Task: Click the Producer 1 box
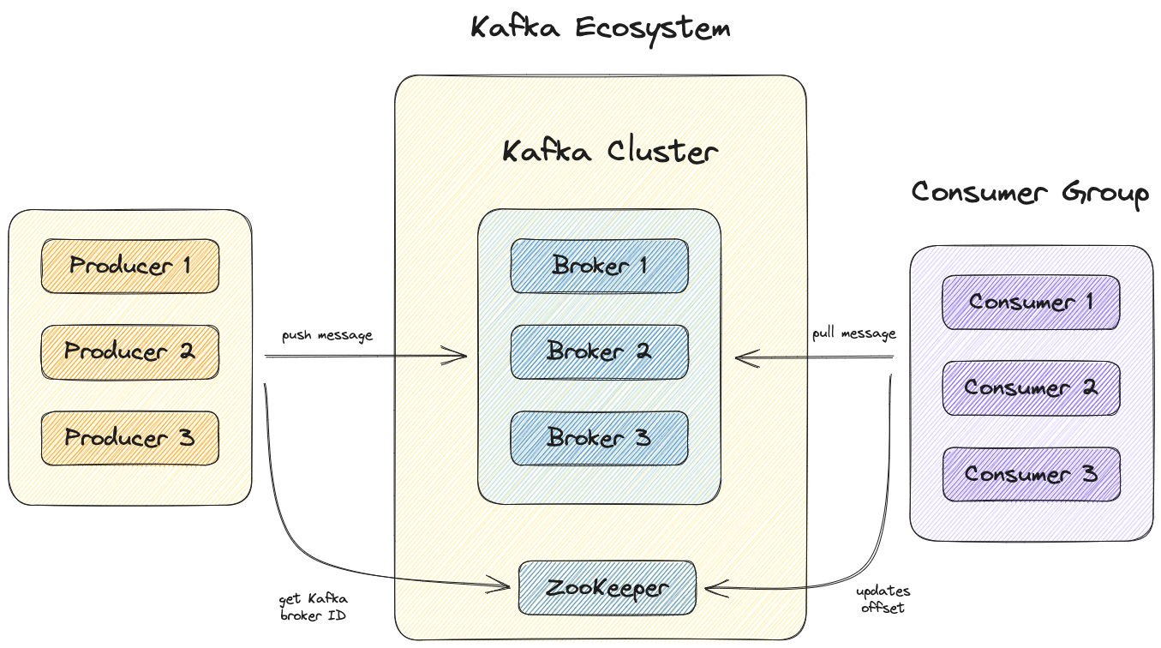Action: (130, 266)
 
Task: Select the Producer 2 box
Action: (130, 351)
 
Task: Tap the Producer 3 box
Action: (130, 438)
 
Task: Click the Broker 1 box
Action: (600, 266)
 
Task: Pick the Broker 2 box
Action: (600, 351)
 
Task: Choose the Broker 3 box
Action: (600, 438)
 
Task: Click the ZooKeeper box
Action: (607, 588)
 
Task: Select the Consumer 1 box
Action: (1031, 303)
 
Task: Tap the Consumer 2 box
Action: (1031, 388)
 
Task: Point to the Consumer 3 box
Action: (1031, 474)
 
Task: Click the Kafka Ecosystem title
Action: (601, 27)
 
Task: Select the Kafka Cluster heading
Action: (609, 152)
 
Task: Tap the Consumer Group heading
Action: (1030, 193)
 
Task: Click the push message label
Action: (327, 335)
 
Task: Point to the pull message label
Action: (854, 333)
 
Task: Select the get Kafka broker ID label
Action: (314, 607)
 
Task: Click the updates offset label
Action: (883, 599)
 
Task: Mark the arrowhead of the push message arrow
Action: (464, 355)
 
